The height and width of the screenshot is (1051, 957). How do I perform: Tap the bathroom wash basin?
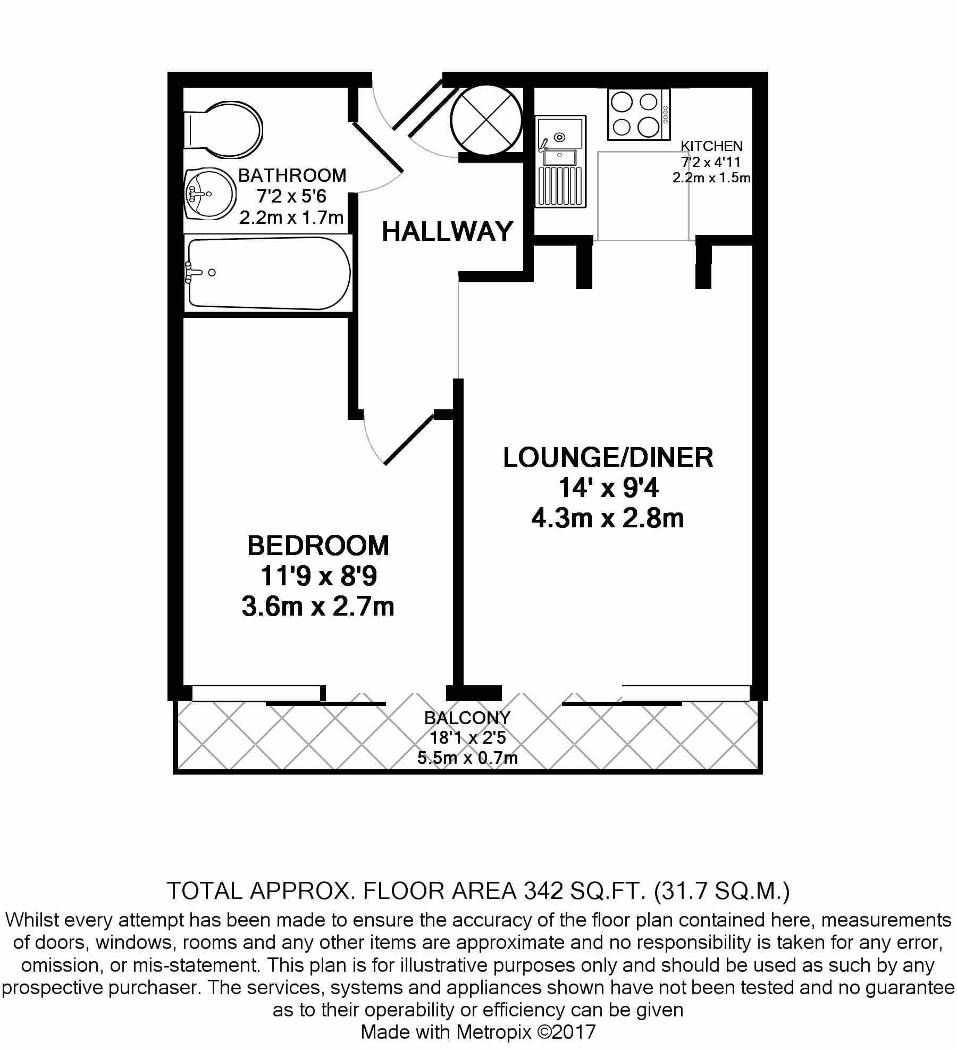[210, 194]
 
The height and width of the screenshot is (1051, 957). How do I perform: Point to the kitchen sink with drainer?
[561, 162]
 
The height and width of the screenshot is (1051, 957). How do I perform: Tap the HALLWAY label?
[447, 232]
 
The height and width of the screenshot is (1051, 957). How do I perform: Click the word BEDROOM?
[318, 545]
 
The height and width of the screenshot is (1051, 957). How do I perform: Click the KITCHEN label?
[712, 146]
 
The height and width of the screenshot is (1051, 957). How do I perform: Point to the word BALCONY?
[467, 718]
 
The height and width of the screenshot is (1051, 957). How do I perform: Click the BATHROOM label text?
[292, 175]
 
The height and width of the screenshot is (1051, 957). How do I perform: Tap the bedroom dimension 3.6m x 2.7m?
[318, 607]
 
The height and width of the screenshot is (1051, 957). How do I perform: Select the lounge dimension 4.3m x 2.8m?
[608, 518]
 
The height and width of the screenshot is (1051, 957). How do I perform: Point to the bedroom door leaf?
[409, 439]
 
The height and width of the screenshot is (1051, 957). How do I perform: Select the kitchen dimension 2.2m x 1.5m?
[711, 178]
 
